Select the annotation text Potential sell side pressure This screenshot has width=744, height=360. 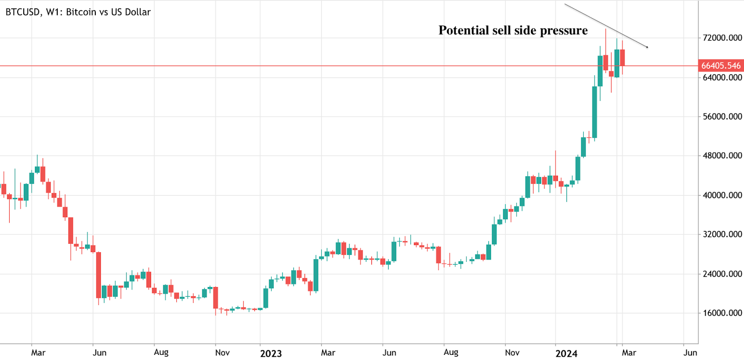(x=513, y=31)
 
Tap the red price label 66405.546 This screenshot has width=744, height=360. (x=721, y=66)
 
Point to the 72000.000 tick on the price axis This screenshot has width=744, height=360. (x=722, y=38)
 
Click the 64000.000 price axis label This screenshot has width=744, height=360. (x=722, y=77)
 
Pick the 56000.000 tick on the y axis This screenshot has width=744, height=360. (x=722, y=116)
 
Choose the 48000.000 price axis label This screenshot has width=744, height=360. (x=722, y=155)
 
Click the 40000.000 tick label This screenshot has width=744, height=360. (x=722, y=195)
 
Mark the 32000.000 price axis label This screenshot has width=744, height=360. (x=722, y=234)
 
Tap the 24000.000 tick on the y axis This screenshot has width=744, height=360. (x=722, y=273)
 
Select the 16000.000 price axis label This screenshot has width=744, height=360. (x=722, y=313)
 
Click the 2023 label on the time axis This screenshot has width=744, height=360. (x=271, y=353)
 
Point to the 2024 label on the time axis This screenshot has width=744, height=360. (x=566, y=353)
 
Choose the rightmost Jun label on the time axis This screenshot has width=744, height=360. (x=690, y=353)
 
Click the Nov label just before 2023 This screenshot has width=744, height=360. (x=222, y=353)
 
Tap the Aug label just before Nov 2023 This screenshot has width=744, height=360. (x=451, y=352)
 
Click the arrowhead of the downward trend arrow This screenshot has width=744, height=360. (x=646, y=47)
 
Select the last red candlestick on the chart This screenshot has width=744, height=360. (x=622, y=58)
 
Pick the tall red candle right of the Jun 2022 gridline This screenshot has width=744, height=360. (x=99, y=274)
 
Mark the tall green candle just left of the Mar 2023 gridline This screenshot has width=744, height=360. (x=316, y=275)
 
